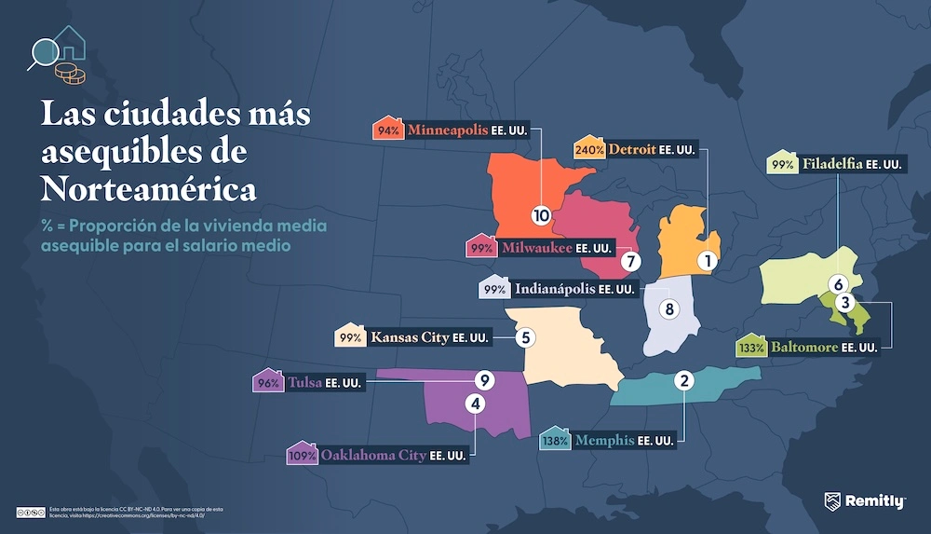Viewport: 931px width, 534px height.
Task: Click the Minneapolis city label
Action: (x=447, y=130)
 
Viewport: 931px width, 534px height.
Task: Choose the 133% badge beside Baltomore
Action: (x=750, y=348)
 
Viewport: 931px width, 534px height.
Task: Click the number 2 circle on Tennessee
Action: (x=684, y=380)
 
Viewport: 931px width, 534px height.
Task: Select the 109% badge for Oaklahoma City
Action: (x=303, y=456)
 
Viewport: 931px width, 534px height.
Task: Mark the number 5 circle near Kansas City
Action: (x=526, y=337)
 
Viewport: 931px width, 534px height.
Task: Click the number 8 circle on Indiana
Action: (x=667, y=308)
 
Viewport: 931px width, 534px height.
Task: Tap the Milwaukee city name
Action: (x=535, y=249)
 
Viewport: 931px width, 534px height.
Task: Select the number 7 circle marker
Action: (x=629, y=262)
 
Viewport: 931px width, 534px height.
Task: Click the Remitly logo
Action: (x=865, y=501)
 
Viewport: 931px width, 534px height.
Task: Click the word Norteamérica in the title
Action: (x=149, y=189)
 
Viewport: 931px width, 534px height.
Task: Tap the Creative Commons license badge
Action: (x=31, y=512)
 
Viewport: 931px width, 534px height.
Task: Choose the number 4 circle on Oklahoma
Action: (x=476, y=404)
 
